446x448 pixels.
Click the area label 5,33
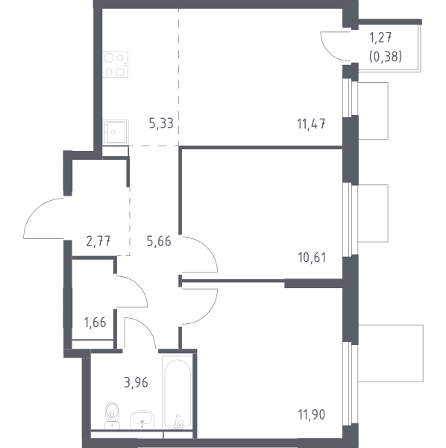tap(161, 124)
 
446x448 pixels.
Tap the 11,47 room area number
tap(311, 124)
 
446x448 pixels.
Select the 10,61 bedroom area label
tap(312, 258)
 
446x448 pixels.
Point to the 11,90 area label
tap(311, 414)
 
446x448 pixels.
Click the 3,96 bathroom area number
tap(136, 382)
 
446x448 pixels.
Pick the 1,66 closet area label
tap(95, 323)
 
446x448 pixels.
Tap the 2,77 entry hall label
tap(98, 241)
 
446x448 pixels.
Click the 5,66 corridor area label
tap(159, 241)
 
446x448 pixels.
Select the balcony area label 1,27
tap(380, 38)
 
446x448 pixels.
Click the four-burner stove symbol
tap(116, 64)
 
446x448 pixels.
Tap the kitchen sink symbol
tap(116, 132)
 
